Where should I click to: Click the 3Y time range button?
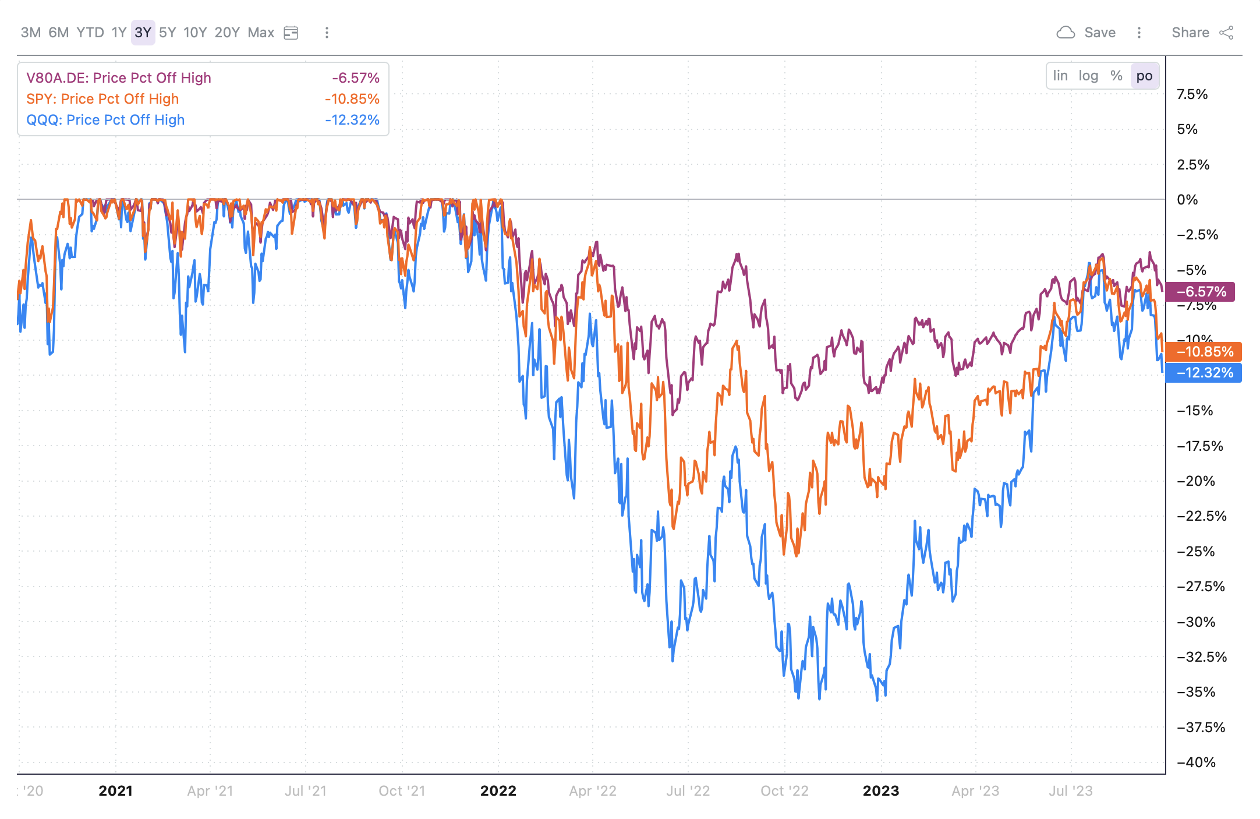point(143,33)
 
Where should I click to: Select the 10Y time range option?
point(195,33)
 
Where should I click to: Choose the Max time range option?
point(261,33)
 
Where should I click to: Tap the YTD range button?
point(90,33)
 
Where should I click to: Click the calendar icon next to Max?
point(291,33)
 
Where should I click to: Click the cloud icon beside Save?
point(1066,33)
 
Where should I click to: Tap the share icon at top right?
point(1226,33)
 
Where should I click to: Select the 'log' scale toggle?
point(1088,76)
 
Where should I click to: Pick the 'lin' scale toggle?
point(1060,76)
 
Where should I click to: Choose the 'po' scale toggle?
point(1144,76)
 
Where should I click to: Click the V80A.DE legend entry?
point(119,78)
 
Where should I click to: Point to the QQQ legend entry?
point(105,120)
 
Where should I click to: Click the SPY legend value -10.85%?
point(352,99)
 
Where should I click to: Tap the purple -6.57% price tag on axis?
point(1201,292)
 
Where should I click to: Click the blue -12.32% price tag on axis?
point(1204,373)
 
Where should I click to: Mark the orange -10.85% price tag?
point(1204,352)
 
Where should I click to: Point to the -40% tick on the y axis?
point(1196,762)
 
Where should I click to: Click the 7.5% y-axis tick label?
point(1192,94)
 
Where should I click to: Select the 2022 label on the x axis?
point(498,791)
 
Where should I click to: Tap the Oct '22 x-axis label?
point(784,791)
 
